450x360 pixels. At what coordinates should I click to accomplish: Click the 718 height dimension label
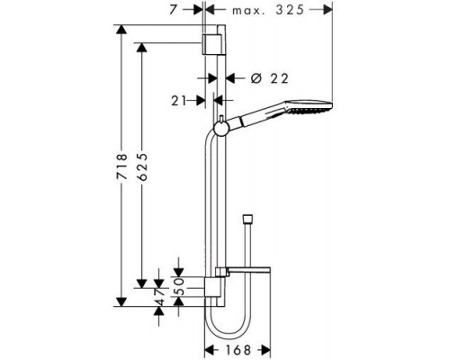(x=122, y=166)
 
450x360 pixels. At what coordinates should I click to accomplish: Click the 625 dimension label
(x=143, y=166)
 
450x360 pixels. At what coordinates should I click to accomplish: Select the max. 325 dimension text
(x=268, y=10)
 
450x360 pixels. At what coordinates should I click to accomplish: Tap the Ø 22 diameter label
(x=269, y=78)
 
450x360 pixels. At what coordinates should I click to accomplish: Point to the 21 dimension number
(x=178, y=101)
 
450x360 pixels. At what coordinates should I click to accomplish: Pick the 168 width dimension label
(x=238, y=350)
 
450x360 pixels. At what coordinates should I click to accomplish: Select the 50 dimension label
(x=179, y=286)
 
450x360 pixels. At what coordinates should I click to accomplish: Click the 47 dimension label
(x=159, y=297)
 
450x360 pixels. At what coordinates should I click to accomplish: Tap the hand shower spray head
(x=309, y=107)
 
